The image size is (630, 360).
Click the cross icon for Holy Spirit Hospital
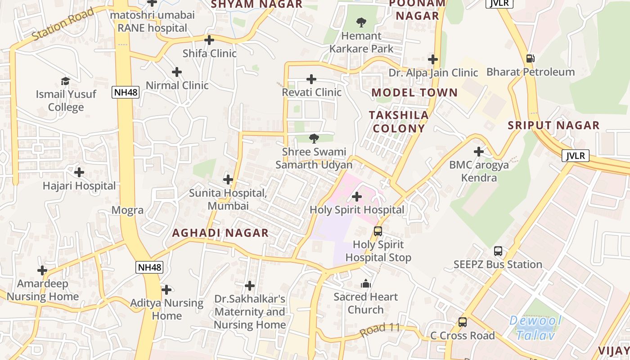click(356, 197)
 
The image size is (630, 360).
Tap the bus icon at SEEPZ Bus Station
click(498, 251)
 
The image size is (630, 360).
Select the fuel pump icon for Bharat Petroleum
click(530, 58)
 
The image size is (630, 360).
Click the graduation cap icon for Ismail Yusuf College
click(66, 81)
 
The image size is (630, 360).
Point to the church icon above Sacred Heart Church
click(365, 284)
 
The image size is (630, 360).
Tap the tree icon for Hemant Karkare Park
click(361, 22)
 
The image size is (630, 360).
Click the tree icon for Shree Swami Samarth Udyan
click(314, 139)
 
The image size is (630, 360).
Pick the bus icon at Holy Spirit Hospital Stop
click(378, 231)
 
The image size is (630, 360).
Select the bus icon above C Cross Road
click(462, 322)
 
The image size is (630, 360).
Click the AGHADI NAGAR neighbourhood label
click(220, 233)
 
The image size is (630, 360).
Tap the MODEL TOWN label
click(414, 93)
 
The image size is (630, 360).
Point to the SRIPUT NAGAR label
click(554, 126)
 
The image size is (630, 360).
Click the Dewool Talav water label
click(535, 328)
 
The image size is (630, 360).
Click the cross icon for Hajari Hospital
click(79, 172)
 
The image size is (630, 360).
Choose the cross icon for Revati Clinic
click(311, 79)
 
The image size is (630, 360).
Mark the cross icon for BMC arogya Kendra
click(479, 152)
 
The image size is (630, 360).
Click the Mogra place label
click(127, 210)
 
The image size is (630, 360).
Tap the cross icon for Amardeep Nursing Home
click(42, 270)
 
